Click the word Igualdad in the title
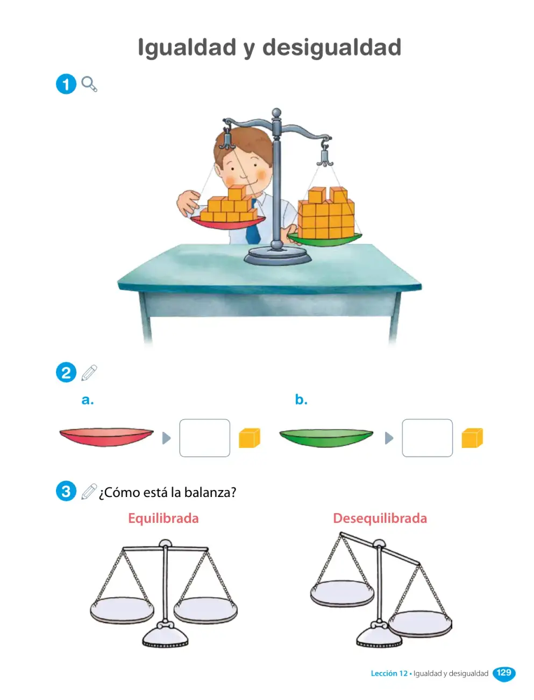[x=187, y=48]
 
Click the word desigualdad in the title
[x=332, y=47]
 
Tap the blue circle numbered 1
[x=66, y=84]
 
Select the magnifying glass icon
[x=89, y=84]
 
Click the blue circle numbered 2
[x=66, y=372]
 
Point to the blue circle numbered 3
[x=66, y=491]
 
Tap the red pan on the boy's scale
[x=227, y=222]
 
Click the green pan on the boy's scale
[x=324, y=239]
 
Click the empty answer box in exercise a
[x=205, y=438]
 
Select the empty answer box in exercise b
[x=428, y=438]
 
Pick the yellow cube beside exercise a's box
[x=250, y=438]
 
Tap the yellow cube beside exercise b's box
[x=472, y=438]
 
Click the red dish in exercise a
[x=106, y=437]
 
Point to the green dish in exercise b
[x=326, y=438]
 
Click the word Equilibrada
[x=163, y=518]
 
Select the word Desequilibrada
[x=380, y=518]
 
